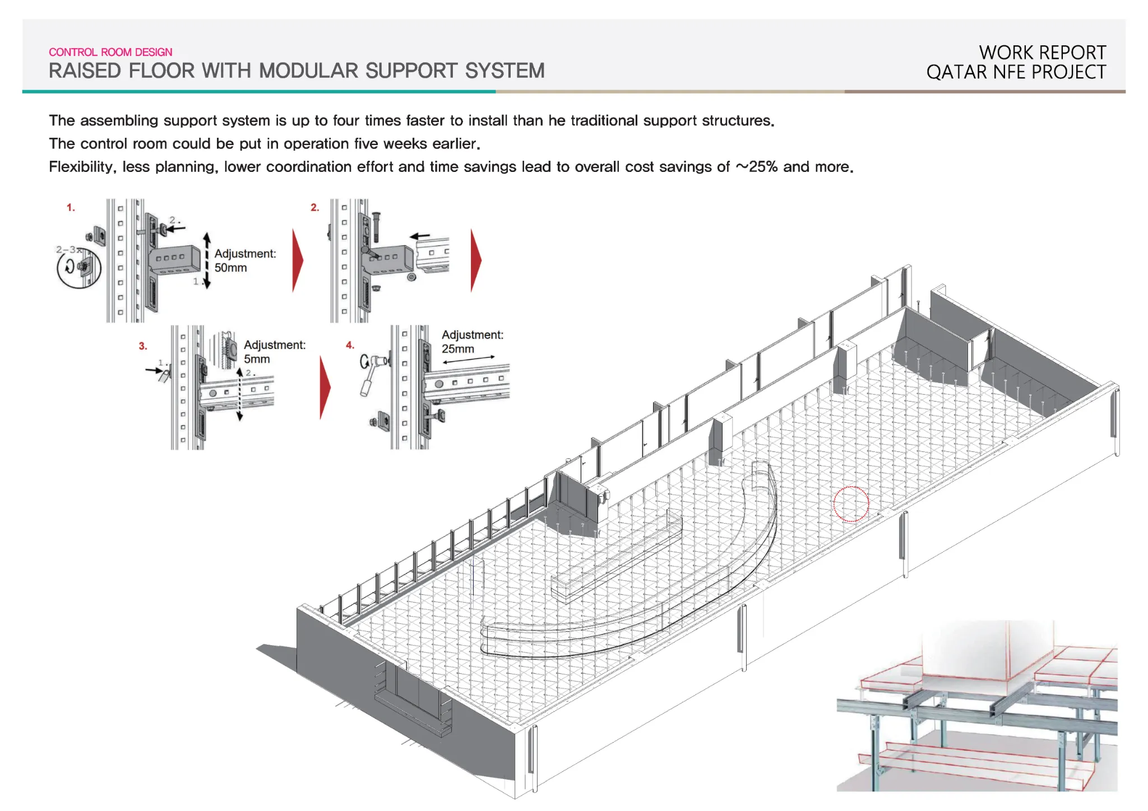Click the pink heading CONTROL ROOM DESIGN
pyautogui.click(x=110, y=52)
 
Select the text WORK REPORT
pyautogui.click(x=1043, y=53)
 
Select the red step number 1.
pyautogui.click(x=71, y=208)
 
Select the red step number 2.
pyautogui.click(x=315, y=208)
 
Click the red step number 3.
pyautogui.click(x=143, y=346)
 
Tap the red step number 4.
pyautogui.click(x=350, y=345)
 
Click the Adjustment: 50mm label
pyautogui.click(x=245, y=260)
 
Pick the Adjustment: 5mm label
pyautogui.click(x=275, y=352)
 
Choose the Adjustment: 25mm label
pyautogui.click(x=473, y=342)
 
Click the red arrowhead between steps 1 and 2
pyautogui.click(x=298, y=260)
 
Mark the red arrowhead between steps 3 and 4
pyautogui.click(x=325, y=388)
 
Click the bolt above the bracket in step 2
pyautogui.click(x=376, y=226)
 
